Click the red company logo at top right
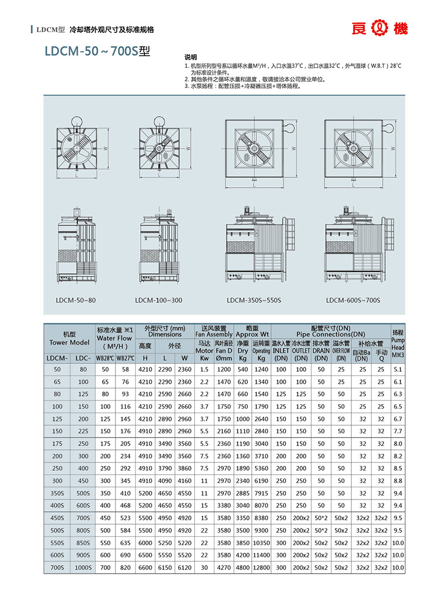[380, 29]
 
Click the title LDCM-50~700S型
[97, 51]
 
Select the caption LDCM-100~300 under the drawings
[158, 300]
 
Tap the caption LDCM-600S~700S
[353, 300]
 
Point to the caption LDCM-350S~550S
[254, 300]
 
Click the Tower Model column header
[69, 338]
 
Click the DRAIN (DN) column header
[321, 354]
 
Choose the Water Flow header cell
[114, 338]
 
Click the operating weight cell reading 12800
[261, 567]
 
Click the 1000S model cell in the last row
[82, 567]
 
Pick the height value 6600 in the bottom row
[145, 567]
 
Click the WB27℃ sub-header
[125, 359]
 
